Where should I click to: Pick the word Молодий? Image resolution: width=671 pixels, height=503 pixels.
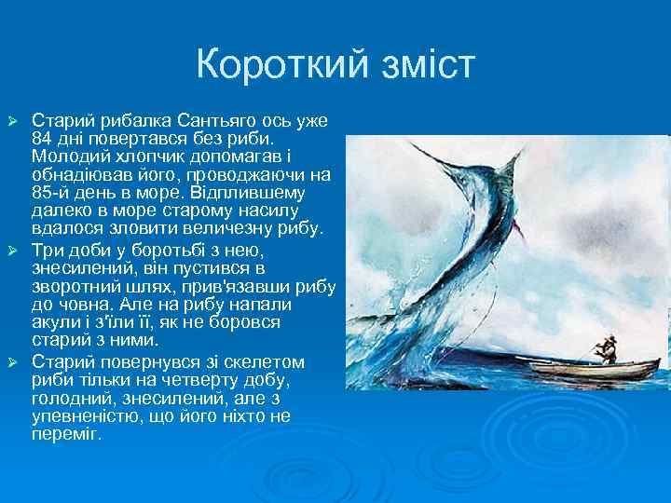65,157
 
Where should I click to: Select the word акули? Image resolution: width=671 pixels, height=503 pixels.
53,321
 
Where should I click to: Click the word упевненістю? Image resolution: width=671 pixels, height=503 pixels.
83,415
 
